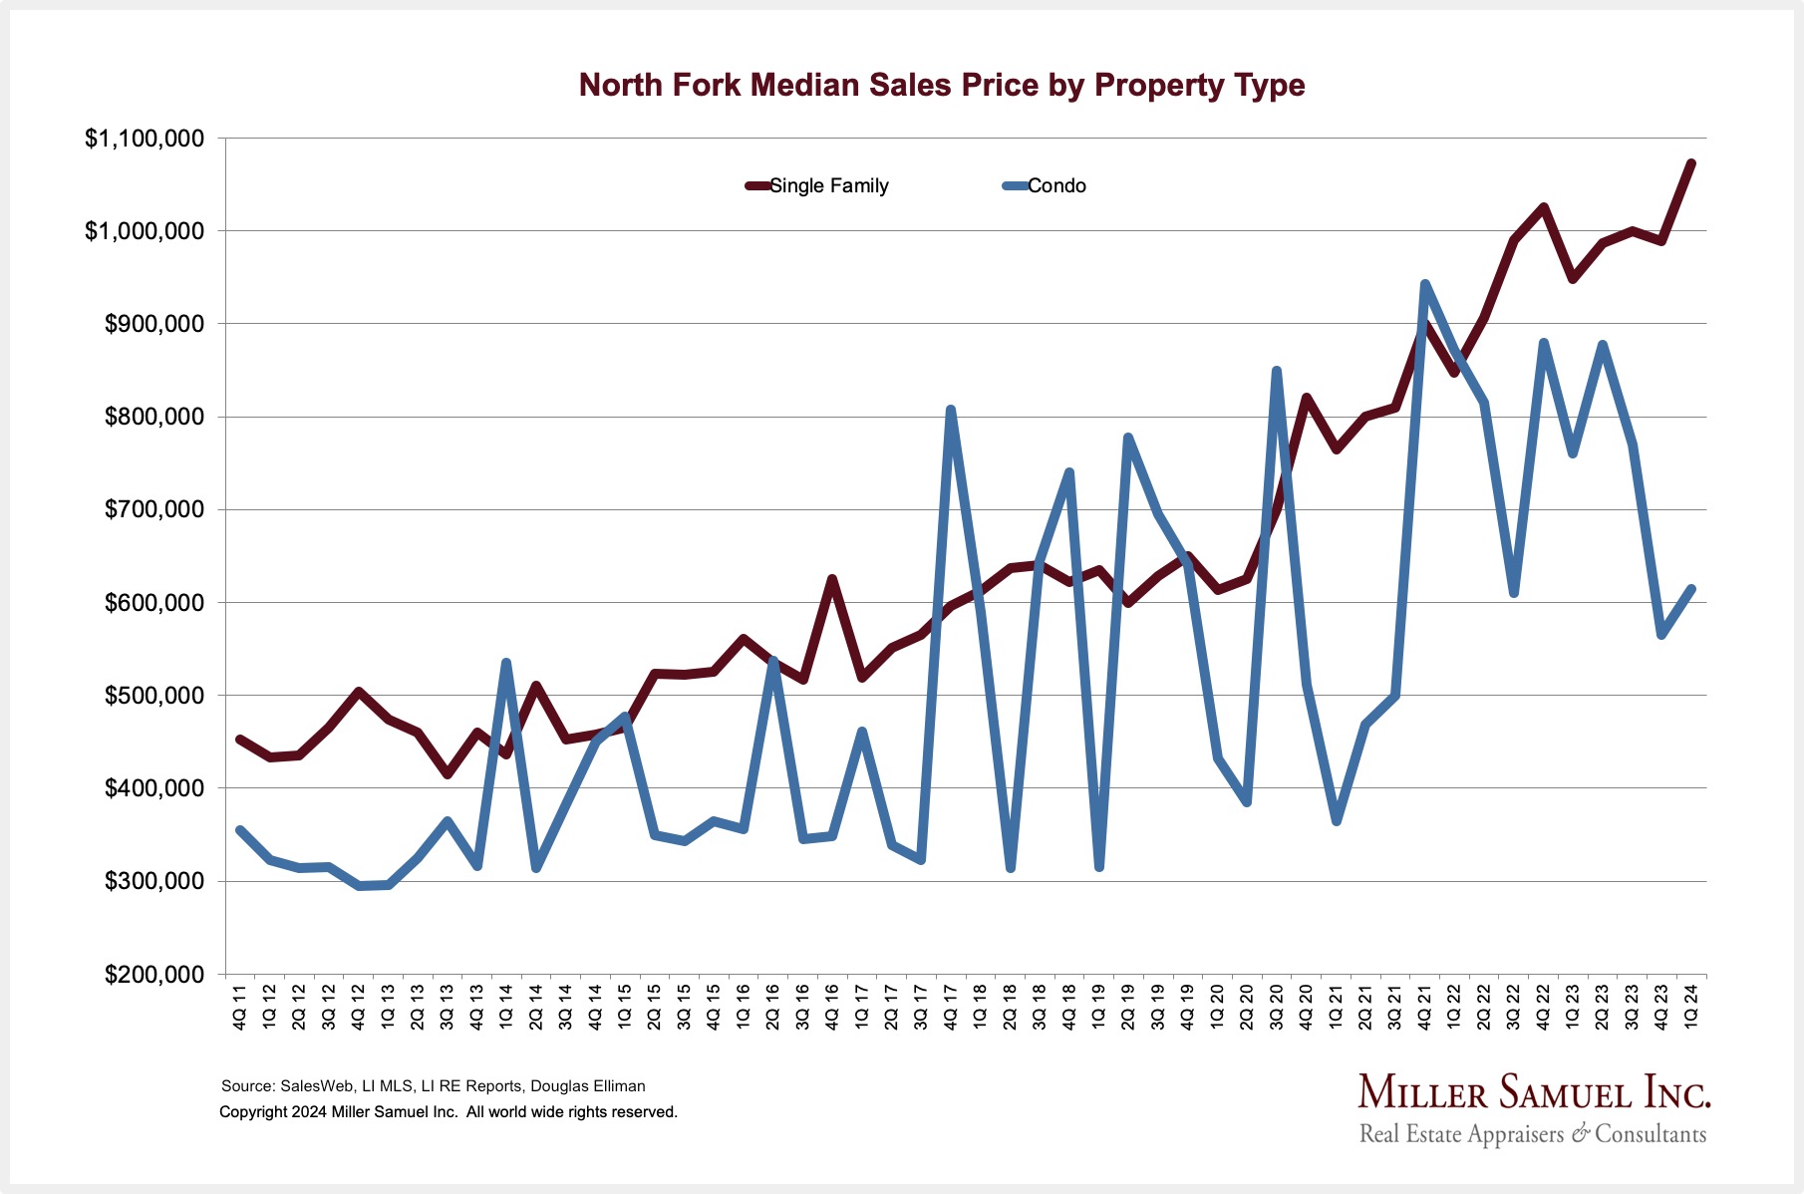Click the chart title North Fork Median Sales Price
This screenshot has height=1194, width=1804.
941,85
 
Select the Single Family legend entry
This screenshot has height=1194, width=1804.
827,186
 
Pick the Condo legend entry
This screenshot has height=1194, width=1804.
1055,186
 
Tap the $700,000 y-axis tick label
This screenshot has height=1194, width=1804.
154,509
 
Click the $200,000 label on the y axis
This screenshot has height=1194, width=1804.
154,974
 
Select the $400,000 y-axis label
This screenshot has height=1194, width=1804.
154,788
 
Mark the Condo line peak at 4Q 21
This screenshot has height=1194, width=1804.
1424,284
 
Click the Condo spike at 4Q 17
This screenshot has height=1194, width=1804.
950,409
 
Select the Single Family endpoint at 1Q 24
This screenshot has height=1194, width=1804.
1690,162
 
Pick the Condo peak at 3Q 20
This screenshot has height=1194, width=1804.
1276,371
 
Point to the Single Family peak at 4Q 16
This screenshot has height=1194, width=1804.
831,578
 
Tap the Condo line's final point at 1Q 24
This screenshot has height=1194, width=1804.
1690,589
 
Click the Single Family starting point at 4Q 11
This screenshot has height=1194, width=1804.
239,739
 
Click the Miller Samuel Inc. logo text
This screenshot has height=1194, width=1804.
1533,1093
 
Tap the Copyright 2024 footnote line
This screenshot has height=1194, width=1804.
449,1112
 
